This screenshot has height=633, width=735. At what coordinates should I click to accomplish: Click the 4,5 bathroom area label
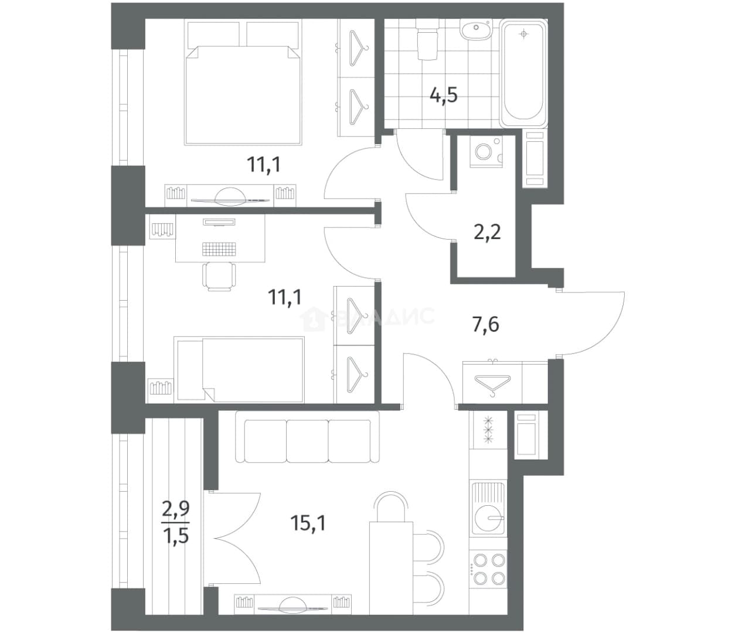coord(443,96)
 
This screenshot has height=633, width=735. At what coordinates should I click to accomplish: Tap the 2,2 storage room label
coord(487,232)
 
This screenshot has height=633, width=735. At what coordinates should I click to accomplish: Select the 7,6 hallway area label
coord(485,325)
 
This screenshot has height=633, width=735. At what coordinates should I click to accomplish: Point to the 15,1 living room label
coord(308,523)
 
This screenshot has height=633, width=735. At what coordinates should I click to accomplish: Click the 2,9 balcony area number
coord(176,511)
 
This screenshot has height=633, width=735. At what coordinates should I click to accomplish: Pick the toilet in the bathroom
coord(426,39)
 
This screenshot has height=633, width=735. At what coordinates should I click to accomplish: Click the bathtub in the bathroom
coord(523,73)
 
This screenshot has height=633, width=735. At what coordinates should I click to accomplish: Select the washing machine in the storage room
coord(486,151)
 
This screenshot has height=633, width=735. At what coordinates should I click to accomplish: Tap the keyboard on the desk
coord(219,249)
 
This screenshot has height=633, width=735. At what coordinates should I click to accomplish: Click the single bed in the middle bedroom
coord(239,369)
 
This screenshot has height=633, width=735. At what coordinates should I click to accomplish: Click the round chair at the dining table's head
coord(391,507)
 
